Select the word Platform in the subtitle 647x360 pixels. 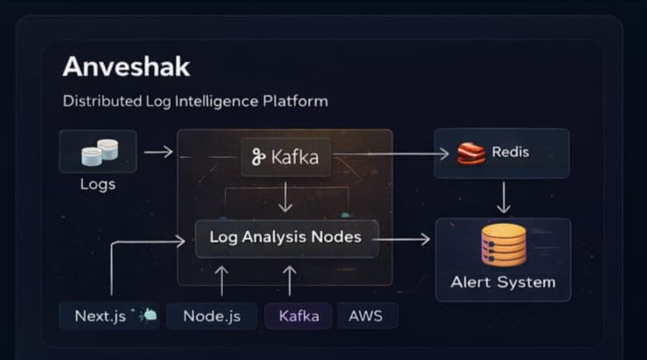click(x=295, y=101)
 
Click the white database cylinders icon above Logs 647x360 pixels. click(x=99, y=152)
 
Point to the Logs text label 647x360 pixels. click(x=98, y=184)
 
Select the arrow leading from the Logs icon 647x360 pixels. click(x=158, y=153)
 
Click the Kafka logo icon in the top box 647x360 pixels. click(x=258, y=157)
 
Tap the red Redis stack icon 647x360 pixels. click(x=471, y=154)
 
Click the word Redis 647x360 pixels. click(x=510, y=153)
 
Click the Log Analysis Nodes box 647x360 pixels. click(x=285, y=238)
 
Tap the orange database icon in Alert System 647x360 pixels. click(x=503, y=245)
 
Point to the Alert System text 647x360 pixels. click(x=503, y=282)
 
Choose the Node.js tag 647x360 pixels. click(x=212, y=315)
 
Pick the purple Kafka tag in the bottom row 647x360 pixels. click(x=298, y=315)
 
